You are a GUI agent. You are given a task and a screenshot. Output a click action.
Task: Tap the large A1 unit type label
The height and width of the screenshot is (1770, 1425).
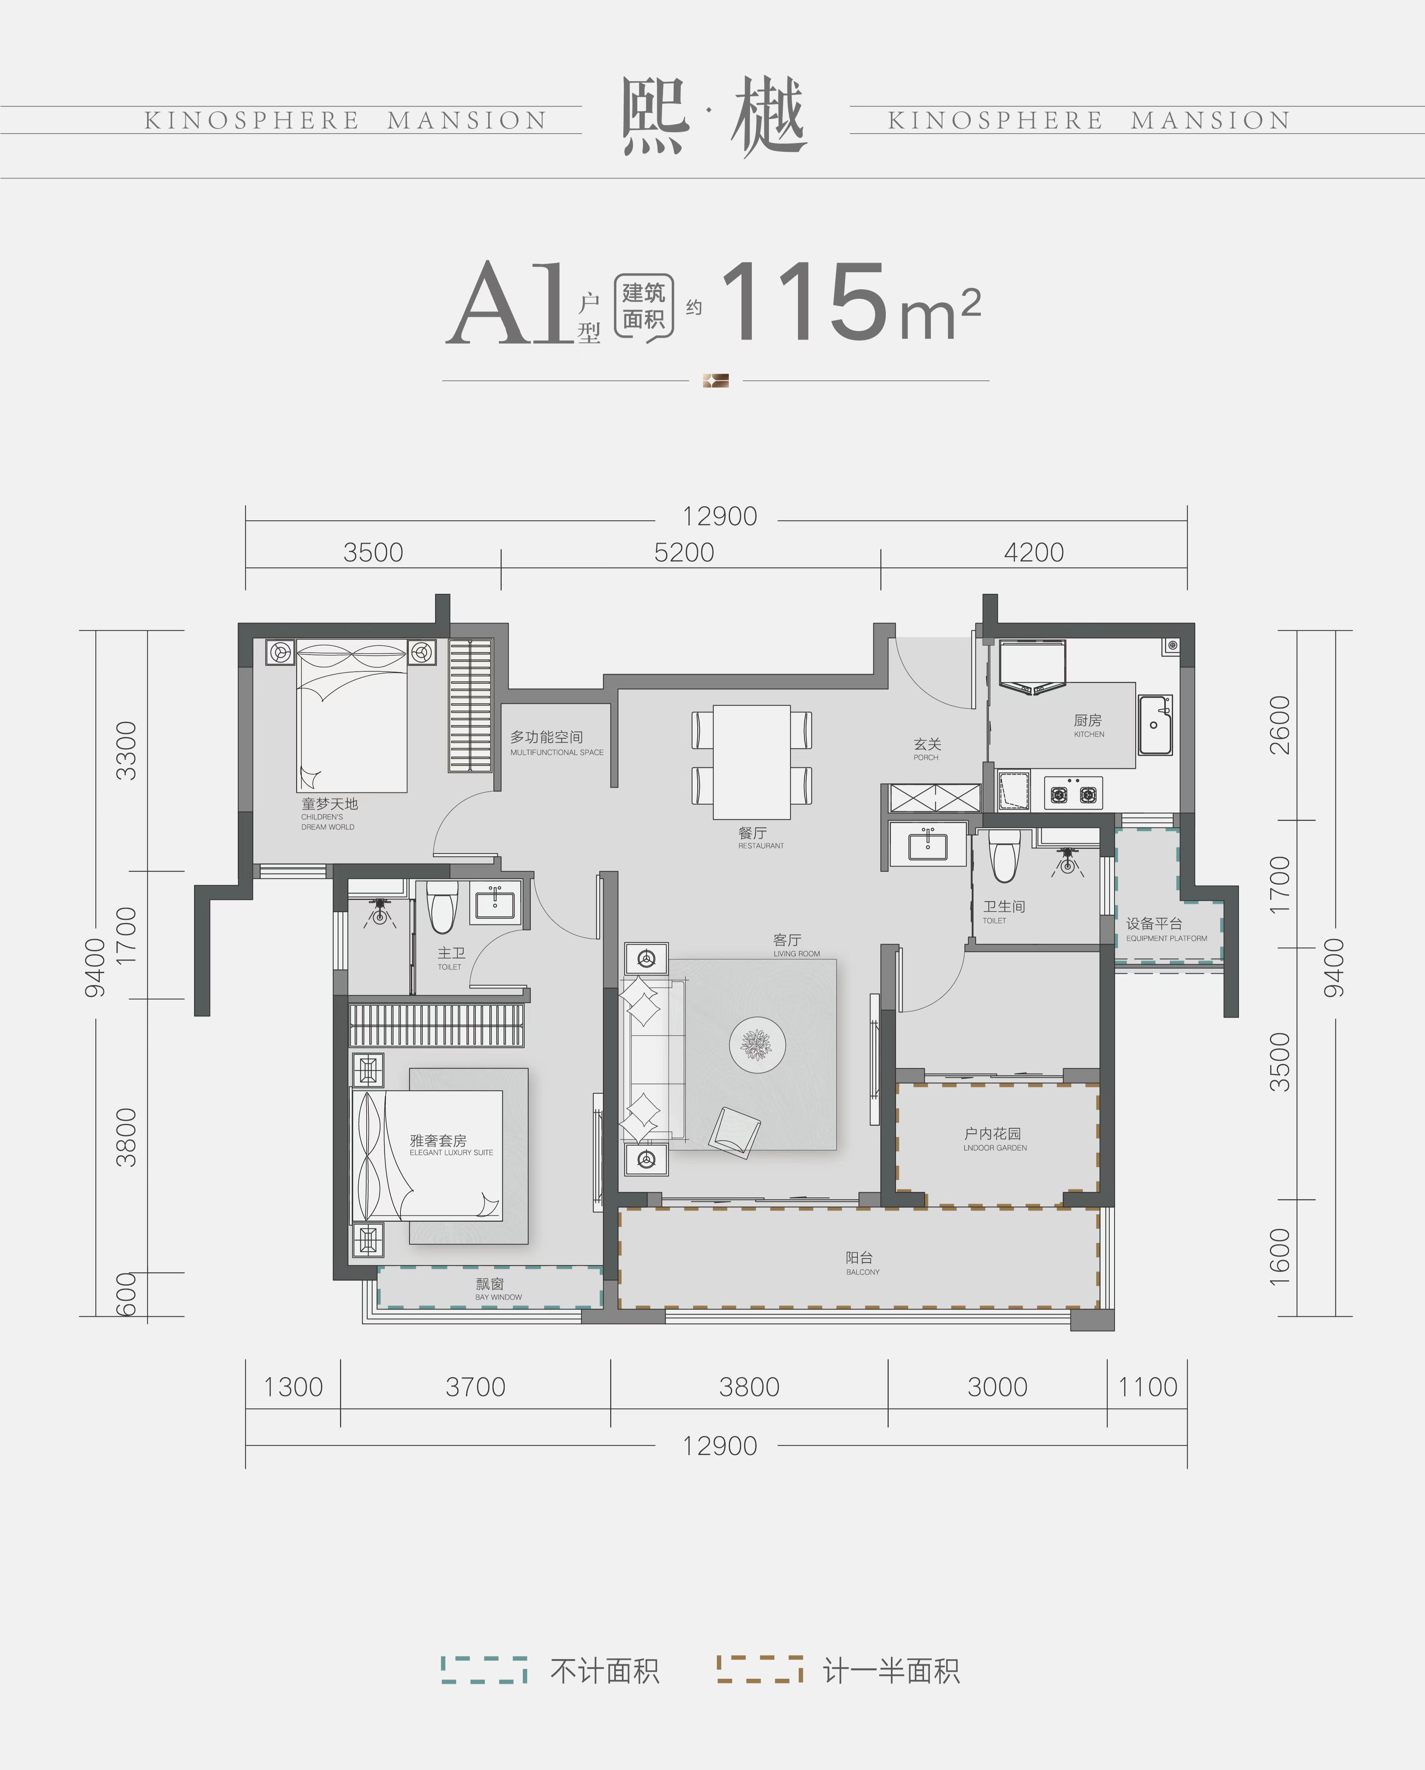509,304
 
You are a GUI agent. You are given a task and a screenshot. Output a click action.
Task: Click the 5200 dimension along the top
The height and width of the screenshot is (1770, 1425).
684,553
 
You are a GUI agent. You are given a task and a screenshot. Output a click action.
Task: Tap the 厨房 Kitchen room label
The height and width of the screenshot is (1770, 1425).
1088,725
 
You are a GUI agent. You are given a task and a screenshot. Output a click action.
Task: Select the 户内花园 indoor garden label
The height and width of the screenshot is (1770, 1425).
995,1139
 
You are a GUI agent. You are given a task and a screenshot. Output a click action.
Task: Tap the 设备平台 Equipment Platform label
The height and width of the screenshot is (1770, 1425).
1166,928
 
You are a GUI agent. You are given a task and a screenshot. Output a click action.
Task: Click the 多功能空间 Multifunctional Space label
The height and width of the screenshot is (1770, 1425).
556,742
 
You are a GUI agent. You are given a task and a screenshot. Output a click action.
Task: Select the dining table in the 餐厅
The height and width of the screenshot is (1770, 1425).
751,762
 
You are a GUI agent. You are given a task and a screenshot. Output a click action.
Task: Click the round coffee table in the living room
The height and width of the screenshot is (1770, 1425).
757,1045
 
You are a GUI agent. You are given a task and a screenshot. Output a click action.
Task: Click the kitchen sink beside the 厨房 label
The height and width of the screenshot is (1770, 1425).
1155,725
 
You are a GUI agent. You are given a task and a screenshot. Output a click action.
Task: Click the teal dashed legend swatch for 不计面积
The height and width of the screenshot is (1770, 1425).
484,1670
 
